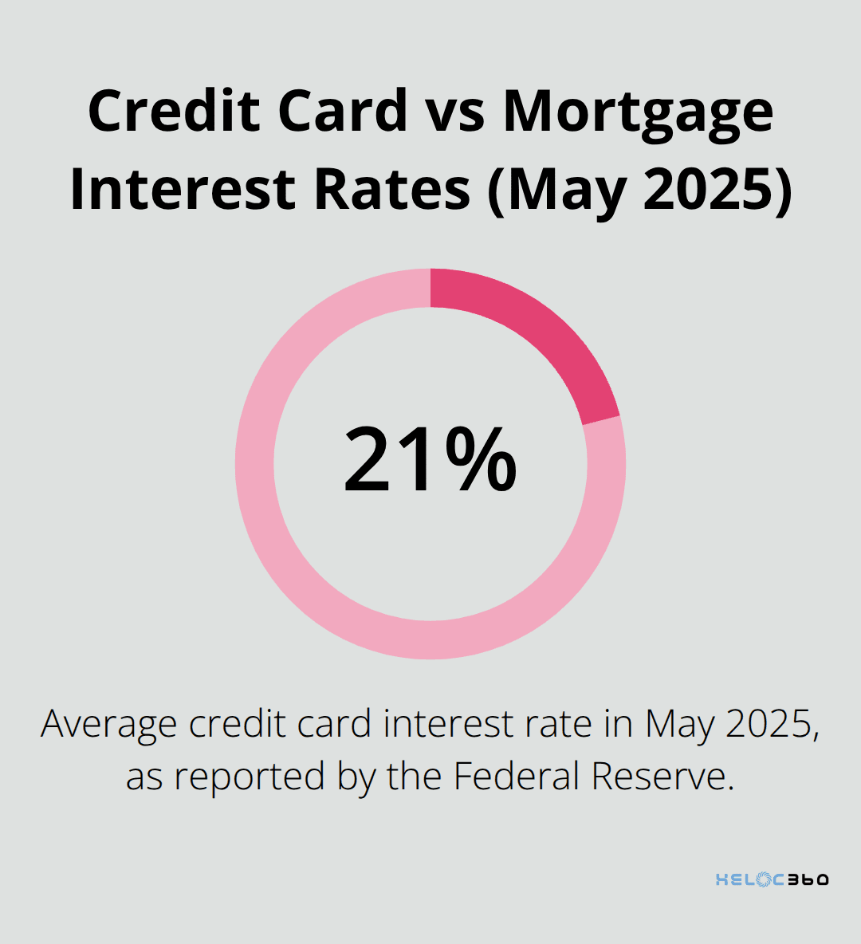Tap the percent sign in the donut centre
(x=481, y=461)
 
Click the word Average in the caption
(x=109, y=724)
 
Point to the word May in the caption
(x=679, y=724)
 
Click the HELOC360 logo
(x=772, y=879)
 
